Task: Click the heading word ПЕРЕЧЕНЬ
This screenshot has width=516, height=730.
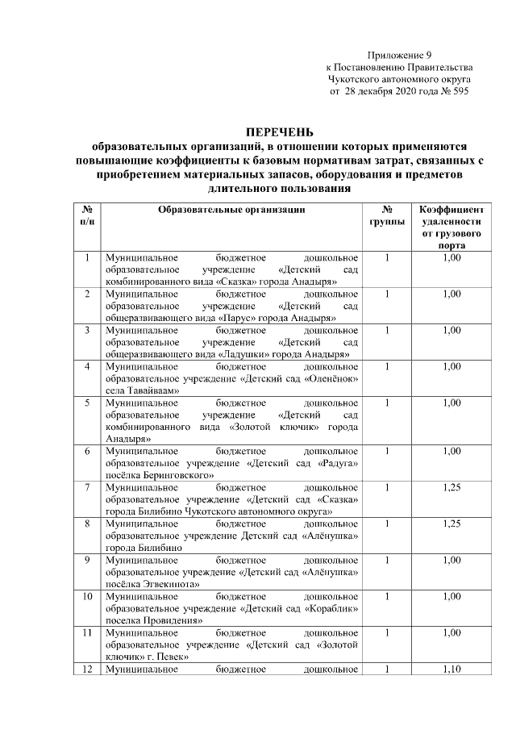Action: pos(280,132)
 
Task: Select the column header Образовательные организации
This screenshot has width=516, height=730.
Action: pos(231,210)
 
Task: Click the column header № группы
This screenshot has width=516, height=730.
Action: pos(386,215)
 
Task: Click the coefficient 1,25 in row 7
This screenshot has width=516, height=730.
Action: pos(451,487)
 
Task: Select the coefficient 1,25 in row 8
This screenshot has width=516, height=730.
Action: pos(451,524)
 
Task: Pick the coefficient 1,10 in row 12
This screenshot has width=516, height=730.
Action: pos(451,669)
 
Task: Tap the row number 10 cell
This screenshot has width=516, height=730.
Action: pos(86,596)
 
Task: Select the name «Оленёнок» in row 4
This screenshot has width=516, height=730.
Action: pos(330,378)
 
